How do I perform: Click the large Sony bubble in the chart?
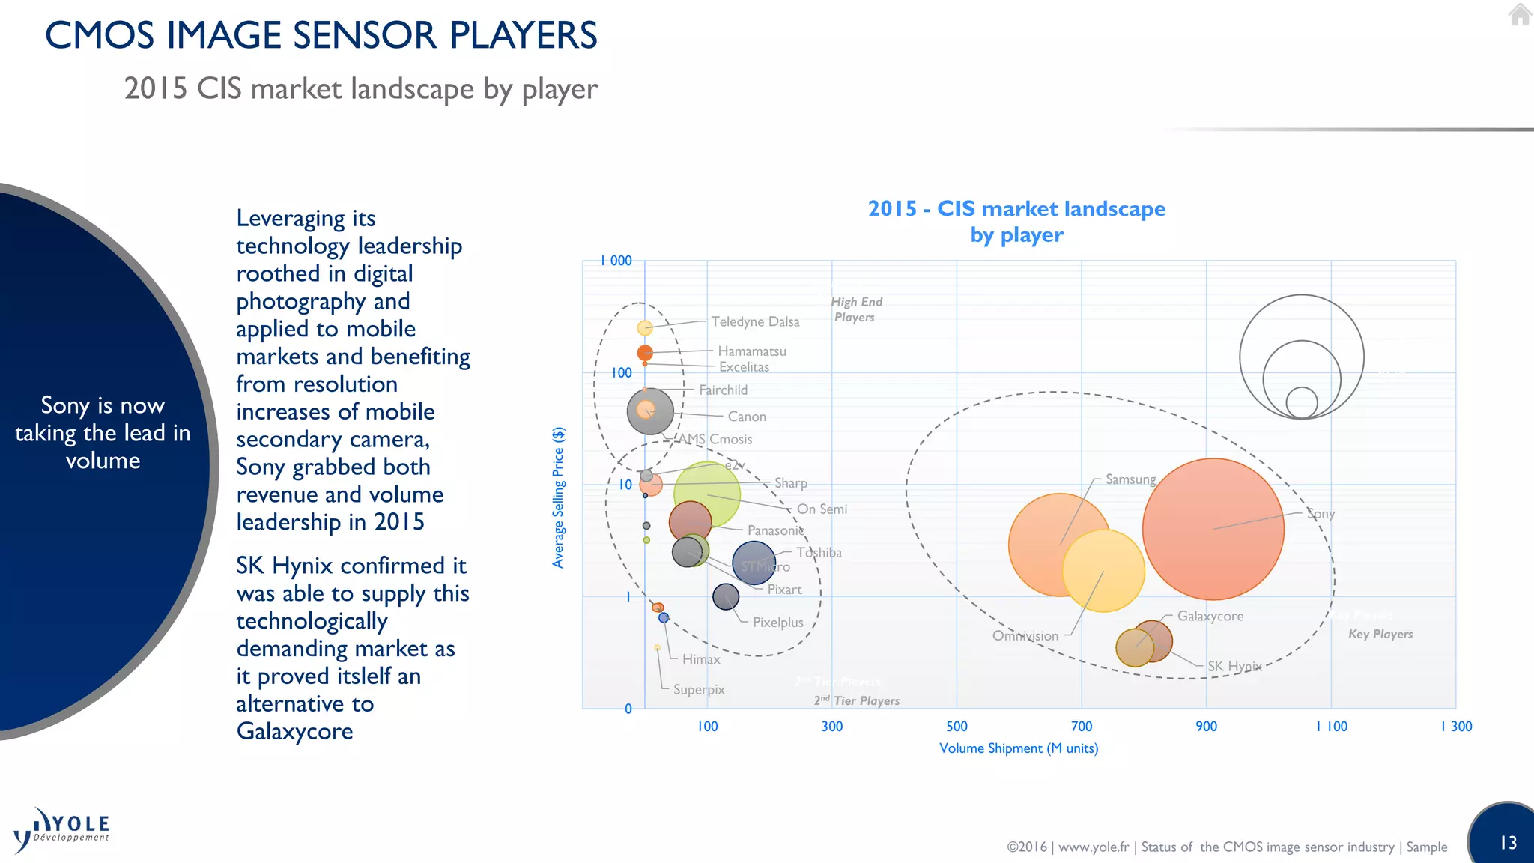click(1213, 529)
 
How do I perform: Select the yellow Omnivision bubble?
click(1103, 571)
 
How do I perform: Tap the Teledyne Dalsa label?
click(755, 321)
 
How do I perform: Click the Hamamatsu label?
click(752, 351)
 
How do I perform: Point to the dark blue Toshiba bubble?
click(754, 563)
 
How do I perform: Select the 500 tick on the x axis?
click(957, 726)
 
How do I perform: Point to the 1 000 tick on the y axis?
click(616, 261)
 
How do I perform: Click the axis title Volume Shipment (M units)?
click(1019, 748)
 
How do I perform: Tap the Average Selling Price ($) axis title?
click(558, 497)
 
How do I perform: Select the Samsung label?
click(1130, 479)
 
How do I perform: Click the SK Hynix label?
click(1234, 666)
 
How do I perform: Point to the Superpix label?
click(699, 689)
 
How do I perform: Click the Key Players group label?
click(1380, 634)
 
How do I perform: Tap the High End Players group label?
click(856, 309)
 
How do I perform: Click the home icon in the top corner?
click(1520, 14)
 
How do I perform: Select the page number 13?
click(1508, 843)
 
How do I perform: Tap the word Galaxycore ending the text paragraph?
click(295, 731)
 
